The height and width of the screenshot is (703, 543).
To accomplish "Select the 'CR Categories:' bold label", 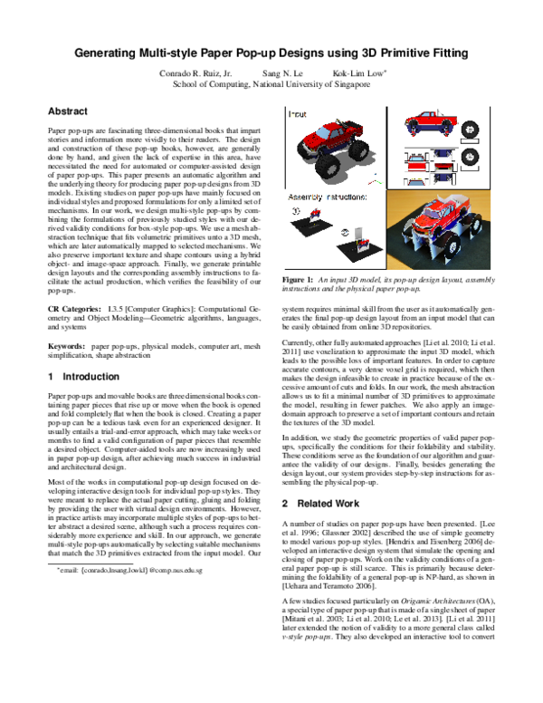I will pyautogui.click(x=73, y=309).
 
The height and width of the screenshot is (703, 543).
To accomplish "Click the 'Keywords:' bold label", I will pyautogui.click(x=66, y=347).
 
